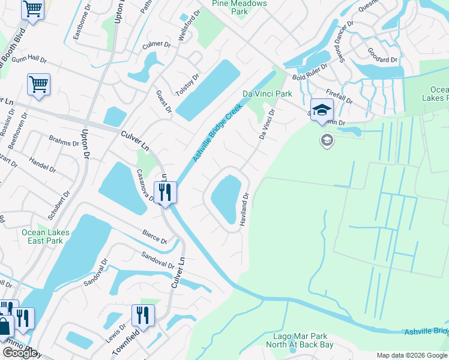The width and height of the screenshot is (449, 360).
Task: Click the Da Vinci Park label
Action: (267, 94)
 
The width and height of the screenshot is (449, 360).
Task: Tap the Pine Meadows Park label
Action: (238, 7)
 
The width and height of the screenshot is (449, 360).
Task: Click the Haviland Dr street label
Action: (244, 209)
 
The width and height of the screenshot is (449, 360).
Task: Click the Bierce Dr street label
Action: (154, 236)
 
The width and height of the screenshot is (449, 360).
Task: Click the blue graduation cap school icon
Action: (322, 109)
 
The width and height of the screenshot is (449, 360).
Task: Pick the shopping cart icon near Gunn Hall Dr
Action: (38, 85)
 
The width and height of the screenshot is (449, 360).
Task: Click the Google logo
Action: (20, 353)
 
